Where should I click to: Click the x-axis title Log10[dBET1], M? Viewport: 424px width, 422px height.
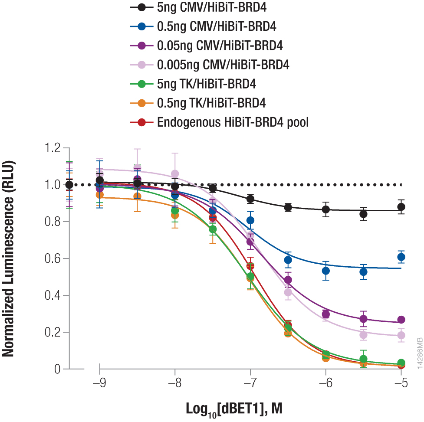[x=237, y=409]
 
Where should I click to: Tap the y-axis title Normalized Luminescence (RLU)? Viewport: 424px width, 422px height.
[x=9, y=259]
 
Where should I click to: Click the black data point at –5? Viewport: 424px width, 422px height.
[x=401, y=207]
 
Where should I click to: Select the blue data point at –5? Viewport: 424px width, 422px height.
[x=401, y=257]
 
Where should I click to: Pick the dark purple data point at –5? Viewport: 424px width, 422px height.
[x=401, y=320]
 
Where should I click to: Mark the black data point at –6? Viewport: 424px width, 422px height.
[x=326, y=209]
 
